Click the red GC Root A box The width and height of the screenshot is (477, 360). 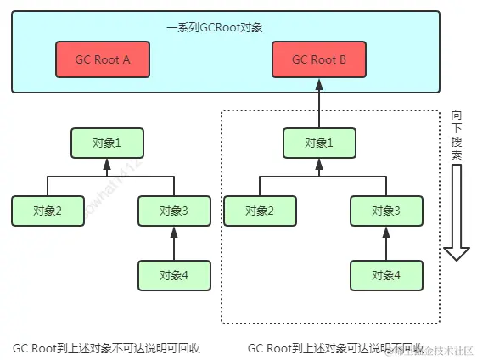click(x=103, y=60)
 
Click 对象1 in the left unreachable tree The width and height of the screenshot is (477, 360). click(x=107, y=143)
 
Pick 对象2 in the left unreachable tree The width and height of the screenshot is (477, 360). click(x=48, y=210)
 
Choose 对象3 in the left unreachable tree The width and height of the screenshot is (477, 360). click(x=173, y=210)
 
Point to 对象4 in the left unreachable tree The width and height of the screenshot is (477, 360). click(x=173, y=274)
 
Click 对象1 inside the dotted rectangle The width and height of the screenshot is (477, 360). click(x=318, y=143)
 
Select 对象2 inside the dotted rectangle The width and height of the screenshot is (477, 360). click(x=259, y=210)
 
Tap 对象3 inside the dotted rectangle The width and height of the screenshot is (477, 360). click(x=385, y=210)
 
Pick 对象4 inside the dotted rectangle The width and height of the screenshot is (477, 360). click(x=385, y=274)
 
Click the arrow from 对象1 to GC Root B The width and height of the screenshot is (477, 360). click(x=318, y=102)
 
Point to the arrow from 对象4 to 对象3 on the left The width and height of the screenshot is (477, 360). click(x=173, y=243)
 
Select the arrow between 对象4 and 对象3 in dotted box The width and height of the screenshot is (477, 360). click(x=385, y=243)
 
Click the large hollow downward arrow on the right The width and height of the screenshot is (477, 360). click(x=457, y=212)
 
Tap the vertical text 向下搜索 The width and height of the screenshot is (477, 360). click(x=457, y=136)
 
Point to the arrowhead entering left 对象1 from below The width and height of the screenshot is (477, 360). click(x=107, y=163)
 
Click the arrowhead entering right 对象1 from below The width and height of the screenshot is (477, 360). click(x=318, y=163)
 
